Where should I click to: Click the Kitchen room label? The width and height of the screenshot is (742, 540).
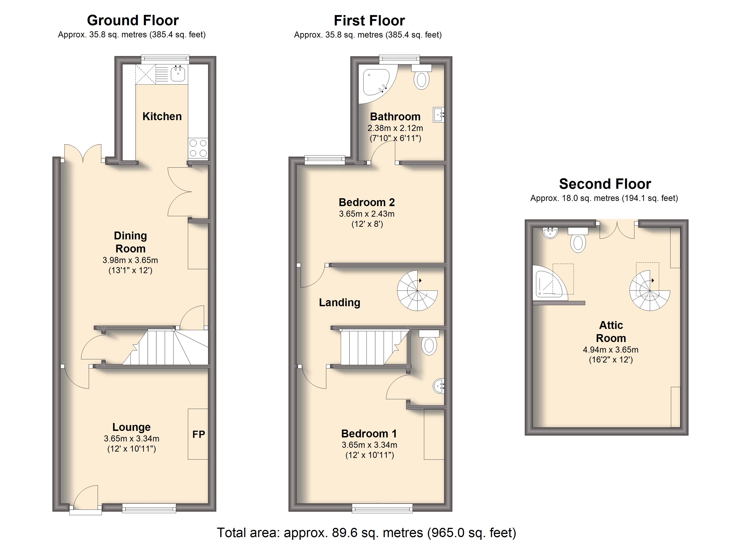click(162, 116)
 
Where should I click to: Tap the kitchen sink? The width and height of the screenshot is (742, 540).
click(178, 73)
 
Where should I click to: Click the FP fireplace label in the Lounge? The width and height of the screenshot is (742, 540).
click(199, 434)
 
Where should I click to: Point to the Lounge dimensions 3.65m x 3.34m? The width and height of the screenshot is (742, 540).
click(132, 439)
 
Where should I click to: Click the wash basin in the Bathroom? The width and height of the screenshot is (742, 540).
click(438, 115)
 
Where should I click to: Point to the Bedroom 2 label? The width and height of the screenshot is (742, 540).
click(367, 202)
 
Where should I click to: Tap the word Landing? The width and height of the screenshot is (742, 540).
click(340, 303)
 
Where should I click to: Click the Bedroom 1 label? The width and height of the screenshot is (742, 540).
click(369, 434)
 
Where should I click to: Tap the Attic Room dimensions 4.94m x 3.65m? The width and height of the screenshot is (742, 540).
click(610, 350)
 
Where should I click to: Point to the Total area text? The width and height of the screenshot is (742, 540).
click(367, 533)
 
